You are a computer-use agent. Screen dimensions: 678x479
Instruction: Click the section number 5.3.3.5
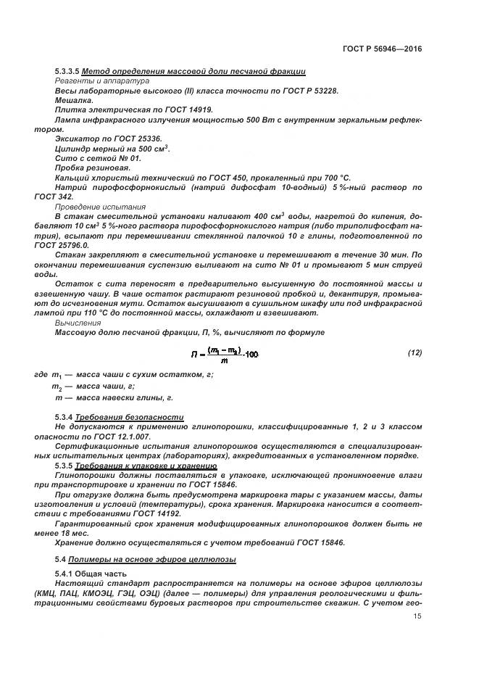pos(67,71)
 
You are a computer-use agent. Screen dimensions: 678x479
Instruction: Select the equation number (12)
pos(415,352)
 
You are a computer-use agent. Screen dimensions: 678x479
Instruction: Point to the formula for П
pos(224,353)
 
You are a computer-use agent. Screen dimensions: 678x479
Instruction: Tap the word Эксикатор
pos(76,138)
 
